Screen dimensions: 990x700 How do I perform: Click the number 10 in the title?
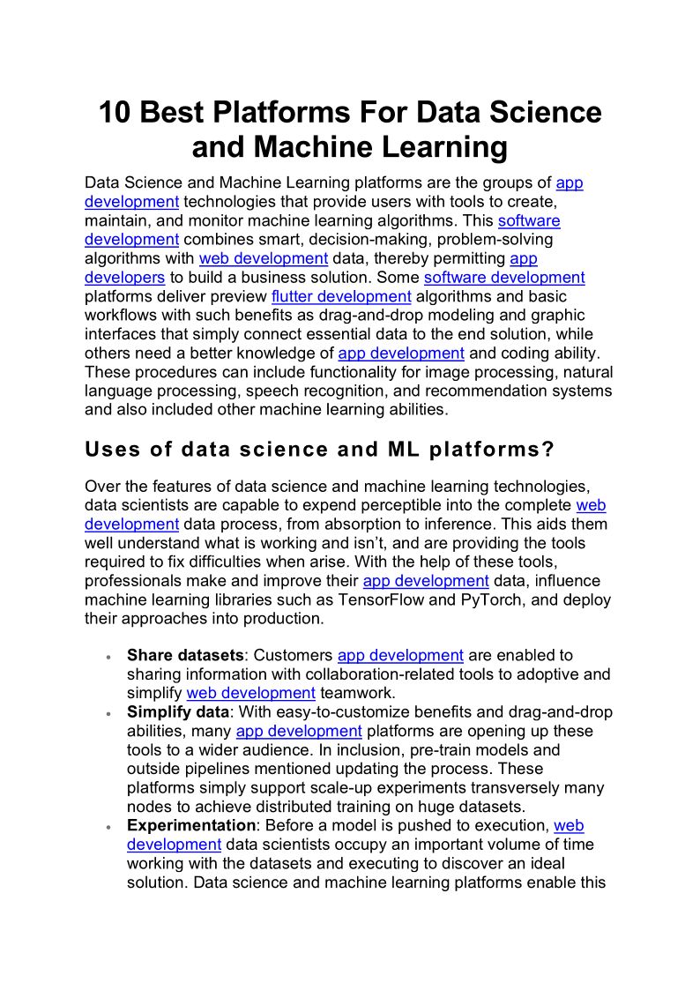115,113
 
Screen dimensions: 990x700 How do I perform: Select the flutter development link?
341,296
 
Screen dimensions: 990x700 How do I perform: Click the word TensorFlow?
406,599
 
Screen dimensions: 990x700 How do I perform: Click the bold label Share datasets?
184,655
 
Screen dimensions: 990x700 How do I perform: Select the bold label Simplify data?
177,711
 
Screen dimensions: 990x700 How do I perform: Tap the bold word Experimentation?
190,825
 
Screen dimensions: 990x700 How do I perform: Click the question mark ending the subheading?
548,450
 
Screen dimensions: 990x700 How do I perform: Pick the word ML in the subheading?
404,450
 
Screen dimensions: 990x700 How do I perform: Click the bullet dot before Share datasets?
107,657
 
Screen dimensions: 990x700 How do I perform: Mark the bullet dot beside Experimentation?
107,827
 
